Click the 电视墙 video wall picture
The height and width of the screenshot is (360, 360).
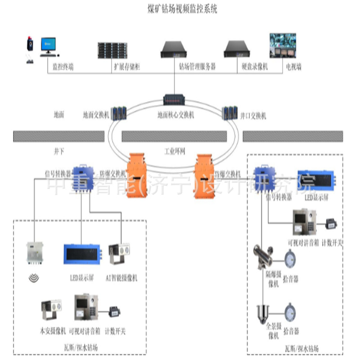click(x=283, y=45)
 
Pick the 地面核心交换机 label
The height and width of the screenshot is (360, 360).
click(x=175, y=115)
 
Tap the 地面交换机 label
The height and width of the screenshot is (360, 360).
click(x=96, y=115)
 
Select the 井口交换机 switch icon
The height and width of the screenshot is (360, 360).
click(x=229, y=112)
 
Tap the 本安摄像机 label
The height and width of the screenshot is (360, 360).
click(x=53, y=332)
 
